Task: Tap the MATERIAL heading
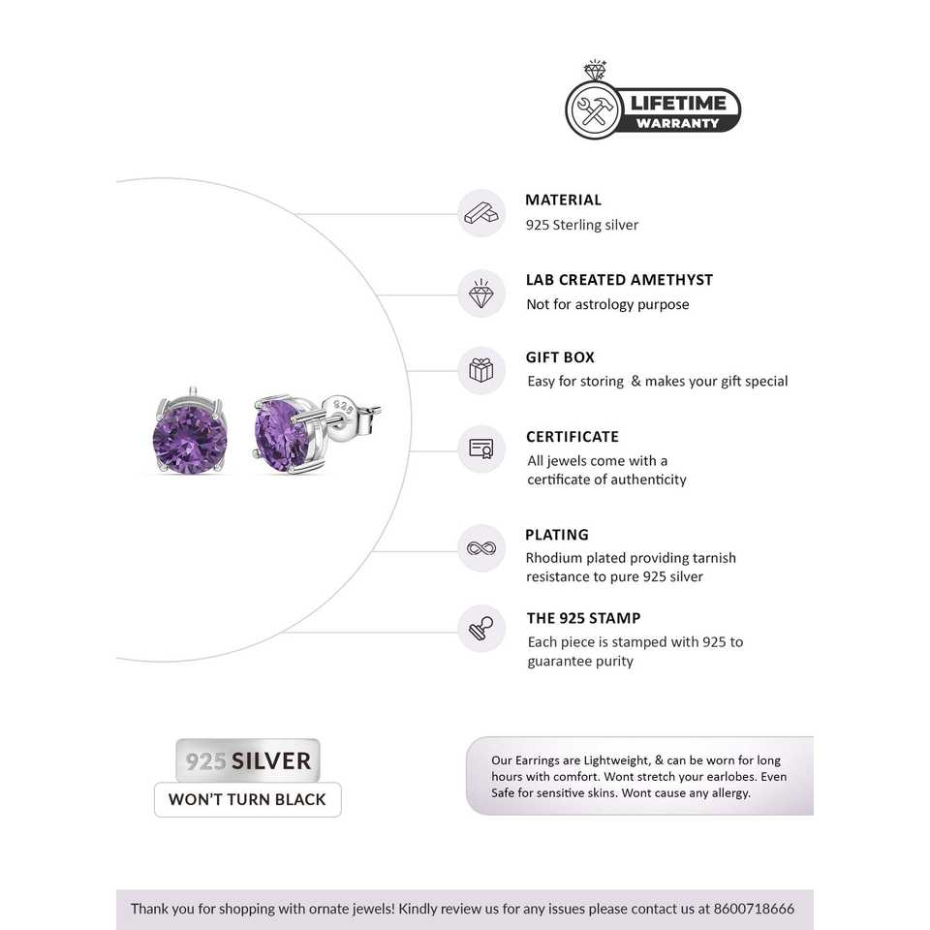(x=563, y=200)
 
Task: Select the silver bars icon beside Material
(x=481, y=213)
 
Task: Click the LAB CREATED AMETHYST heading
(x=619, y=280)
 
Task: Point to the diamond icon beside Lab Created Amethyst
(x=481, y=293)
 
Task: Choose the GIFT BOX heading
(x=560, y=357)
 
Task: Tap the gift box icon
(x=481, y=370)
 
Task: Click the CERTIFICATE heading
(x=572, y=437)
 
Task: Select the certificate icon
(x=481, y=449)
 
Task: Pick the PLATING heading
(x=557, y=535)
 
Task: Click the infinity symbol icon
(x=481, y=548)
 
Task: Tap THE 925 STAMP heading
(x=583, y=618)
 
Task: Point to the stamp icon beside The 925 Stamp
(x=481, y=628)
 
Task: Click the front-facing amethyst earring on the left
(x=190, y=437)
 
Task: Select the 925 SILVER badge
(x=248, y=760)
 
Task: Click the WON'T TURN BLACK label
(x=248, y=800)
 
